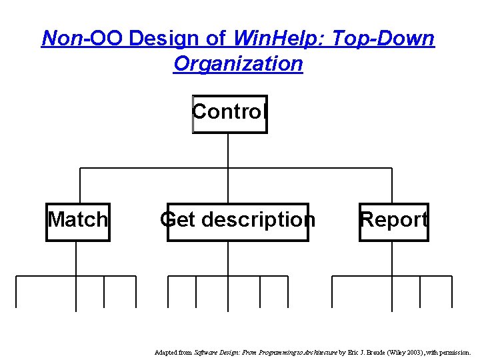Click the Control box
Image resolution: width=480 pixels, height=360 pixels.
[x=229, y=113]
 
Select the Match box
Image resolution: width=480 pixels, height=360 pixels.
[x=78, y=221]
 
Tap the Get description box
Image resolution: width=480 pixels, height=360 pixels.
[x=237, y=221]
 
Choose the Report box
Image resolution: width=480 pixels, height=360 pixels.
[x=393, y=221]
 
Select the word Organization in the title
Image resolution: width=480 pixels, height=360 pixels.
[x=238, y=64]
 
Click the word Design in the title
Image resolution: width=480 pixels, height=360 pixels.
[x=177, y=39]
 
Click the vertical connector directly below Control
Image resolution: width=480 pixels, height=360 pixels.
[x=228, y=150]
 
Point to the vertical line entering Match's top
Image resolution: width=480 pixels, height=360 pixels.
[x=80, y=185]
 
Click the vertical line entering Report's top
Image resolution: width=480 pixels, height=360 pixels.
[x=392, y=185]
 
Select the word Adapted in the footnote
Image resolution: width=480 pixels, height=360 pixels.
[x=165, y=351]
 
